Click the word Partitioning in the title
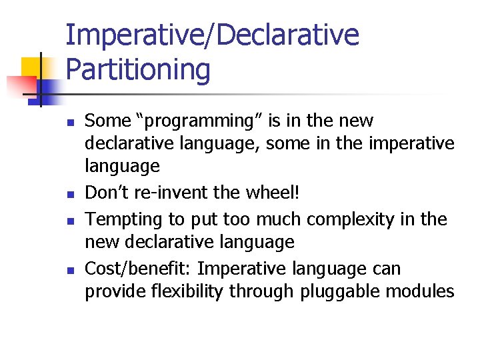tap(138, 69)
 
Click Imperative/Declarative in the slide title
tap(212, 35)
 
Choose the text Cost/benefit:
tap(138, 269)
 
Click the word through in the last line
tap(255, 291)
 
